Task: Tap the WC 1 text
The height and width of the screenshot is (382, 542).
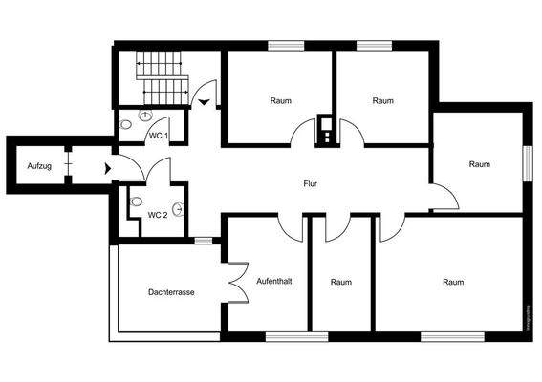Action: tap(159, 136)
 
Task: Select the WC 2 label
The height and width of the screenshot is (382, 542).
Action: tap(158, 215)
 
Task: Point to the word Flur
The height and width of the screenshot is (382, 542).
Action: tap(310, 183)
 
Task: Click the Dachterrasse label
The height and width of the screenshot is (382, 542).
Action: tap(171, 292)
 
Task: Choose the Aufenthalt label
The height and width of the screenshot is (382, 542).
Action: tap(274, 281)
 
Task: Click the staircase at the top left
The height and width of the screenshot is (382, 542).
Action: tap(163, 76)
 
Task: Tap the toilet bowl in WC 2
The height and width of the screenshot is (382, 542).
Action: tap(136, 202)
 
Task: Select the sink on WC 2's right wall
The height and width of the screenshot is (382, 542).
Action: tap(179, 208)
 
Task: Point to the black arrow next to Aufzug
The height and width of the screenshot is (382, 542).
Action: tap(107, 168)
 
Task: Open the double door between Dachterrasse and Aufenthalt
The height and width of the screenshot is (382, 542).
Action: tap(232, 286)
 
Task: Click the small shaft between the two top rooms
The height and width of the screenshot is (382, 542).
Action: tap(326, 129)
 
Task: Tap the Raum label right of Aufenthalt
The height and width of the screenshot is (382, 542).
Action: tap(341, 282)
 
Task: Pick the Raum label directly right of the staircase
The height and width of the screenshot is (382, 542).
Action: tap(280, 100)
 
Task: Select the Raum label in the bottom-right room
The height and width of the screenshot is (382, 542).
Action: tap(453, 282)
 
